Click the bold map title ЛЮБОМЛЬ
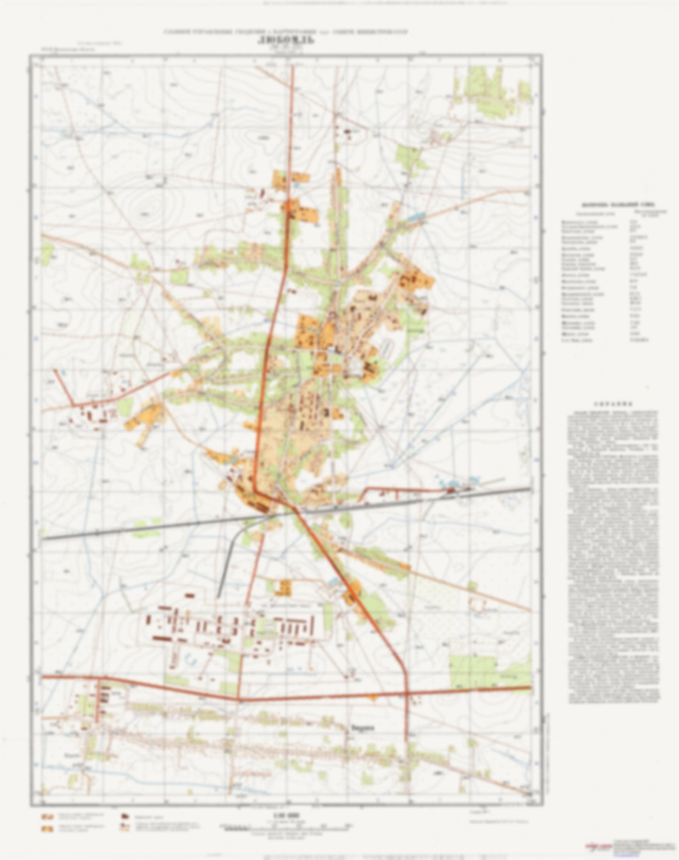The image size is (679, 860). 286,39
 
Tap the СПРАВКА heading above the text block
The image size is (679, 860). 613,403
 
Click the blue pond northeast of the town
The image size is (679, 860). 416,217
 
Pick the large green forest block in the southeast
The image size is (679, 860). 472,671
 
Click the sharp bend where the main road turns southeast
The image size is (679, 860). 255,491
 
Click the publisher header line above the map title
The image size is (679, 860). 286,31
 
